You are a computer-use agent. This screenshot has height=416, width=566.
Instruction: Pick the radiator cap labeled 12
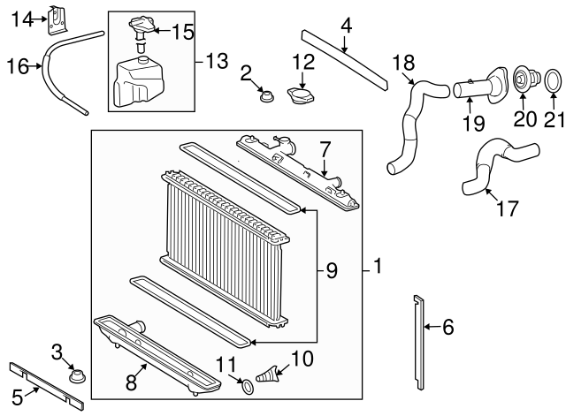302,95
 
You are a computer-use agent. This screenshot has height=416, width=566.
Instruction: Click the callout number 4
346,26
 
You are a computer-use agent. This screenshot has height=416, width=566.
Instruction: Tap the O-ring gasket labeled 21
549,83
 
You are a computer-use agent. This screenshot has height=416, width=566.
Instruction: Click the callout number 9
332,271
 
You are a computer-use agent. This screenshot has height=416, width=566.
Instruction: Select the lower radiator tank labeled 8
155,349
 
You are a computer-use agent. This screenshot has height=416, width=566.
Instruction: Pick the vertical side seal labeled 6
418,340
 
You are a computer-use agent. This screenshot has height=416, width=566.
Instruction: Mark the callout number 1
378,266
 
